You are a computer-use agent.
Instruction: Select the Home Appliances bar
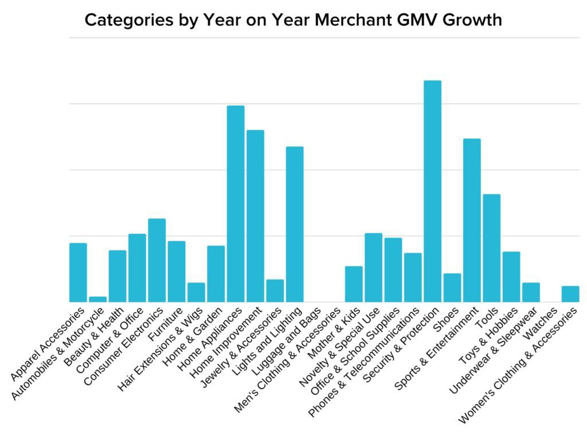(236, 203)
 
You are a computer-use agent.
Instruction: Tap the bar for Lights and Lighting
(295, 224)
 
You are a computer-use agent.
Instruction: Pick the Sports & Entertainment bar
(472, 220)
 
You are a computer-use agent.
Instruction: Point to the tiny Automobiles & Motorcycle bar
(98, 299)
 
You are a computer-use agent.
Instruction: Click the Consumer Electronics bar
(157, 260)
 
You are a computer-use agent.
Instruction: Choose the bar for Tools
(491, 247)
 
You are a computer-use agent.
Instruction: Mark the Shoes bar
(452, 288)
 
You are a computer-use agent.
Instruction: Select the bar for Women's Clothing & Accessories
(570, 294)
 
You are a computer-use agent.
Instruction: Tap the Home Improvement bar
(255, 215)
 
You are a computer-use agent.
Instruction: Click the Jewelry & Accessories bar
(275, 290)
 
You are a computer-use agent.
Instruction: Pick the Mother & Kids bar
(354, 284)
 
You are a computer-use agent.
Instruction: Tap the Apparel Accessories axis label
(48, 343)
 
